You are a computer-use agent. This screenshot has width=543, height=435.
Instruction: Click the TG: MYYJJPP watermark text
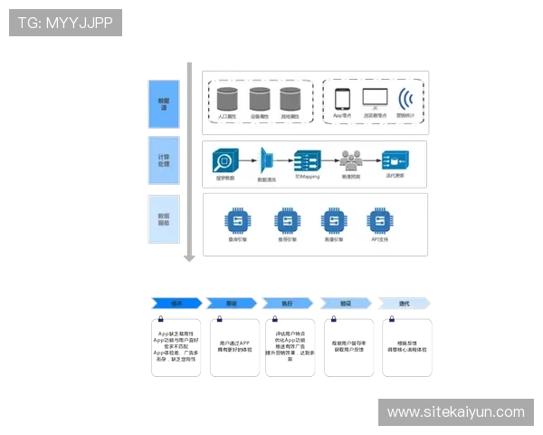pos(65,23)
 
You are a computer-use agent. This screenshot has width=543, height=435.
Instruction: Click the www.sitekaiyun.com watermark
pos(455,412)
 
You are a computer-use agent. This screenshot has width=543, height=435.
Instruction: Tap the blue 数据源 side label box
pos(164,103)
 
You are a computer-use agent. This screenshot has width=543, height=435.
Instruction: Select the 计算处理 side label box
pos(164,159)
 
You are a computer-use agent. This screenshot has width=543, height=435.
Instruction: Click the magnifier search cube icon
pos(224,161)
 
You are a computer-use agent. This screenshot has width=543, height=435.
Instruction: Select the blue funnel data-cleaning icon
pos(268,161)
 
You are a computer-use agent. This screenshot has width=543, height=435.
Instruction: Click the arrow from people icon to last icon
pos(372,161)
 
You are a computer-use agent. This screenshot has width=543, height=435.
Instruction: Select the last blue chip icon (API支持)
pos(379,220)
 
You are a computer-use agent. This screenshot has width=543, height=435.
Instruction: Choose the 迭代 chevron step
pos(404,304)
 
